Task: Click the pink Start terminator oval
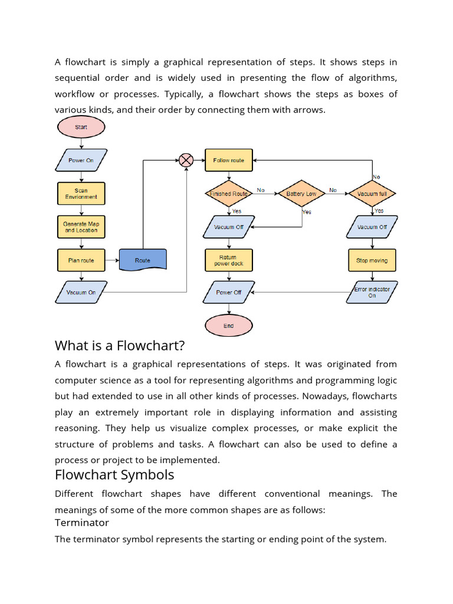[x=81, y=127]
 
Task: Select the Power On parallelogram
[x=81, y=160]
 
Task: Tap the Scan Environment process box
[x=81, y=193]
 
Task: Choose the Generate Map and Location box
[x=81, y=226]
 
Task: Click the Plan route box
[x=81, y=260]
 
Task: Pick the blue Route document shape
[x=143, y=260]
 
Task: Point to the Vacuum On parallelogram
[x=81, y=292]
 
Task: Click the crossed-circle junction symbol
[x=186, y=160]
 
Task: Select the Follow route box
[x=229, y=160]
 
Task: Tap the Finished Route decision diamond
[x=229, y=193]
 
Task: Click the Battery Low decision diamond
[x=301, y=193]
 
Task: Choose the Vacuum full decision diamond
[x=372, y=193]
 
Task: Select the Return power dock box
[x=229, y=260]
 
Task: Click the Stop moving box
[x=372, y=260]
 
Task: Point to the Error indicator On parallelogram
[x=372, y=292]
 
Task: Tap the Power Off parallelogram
[x=229, y=292]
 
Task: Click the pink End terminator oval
[x=229, y=326]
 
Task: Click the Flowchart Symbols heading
[x=114, y=475]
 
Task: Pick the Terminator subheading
[x=82, y=523]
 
